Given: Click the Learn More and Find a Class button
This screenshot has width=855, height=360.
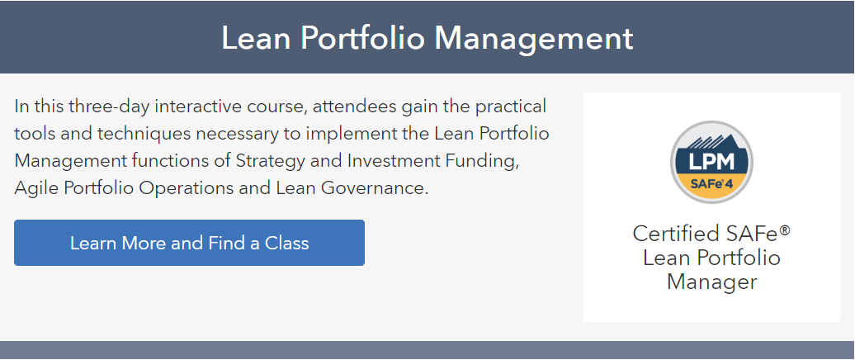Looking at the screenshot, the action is pyautogui.click(x=189, y=243).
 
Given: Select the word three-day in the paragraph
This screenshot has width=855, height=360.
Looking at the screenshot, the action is pyautogui.click(x=108, y=106).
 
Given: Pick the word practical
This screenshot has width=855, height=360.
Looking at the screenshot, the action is pyautogui.click(x=510, y=107).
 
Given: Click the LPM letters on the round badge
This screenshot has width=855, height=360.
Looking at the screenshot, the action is pyautogui.click(x=711, y=162).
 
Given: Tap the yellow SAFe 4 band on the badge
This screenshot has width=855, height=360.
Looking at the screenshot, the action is pyautogui.click(x=711, y=184).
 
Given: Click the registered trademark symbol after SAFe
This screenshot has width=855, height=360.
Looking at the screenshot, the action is pyautogui.click(x=785, y=230).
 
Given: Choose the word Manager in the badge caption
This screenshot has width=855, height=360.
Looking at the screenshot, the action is pyautogui.click(x=711, y=282).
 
